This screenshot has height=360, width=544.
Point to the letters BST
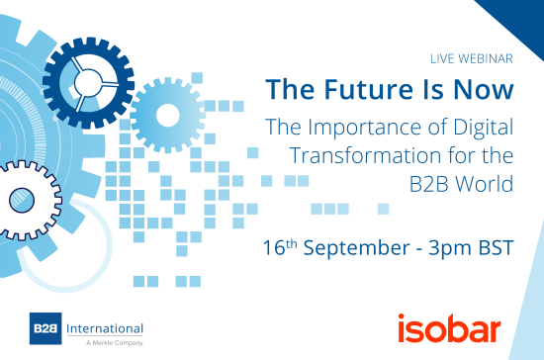click(x=495, y=245)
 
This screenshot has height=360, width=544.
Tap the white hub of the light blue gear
click(x=166, y=114)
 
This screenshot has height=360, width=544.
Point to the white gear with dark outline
click(x=22, y=203)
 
